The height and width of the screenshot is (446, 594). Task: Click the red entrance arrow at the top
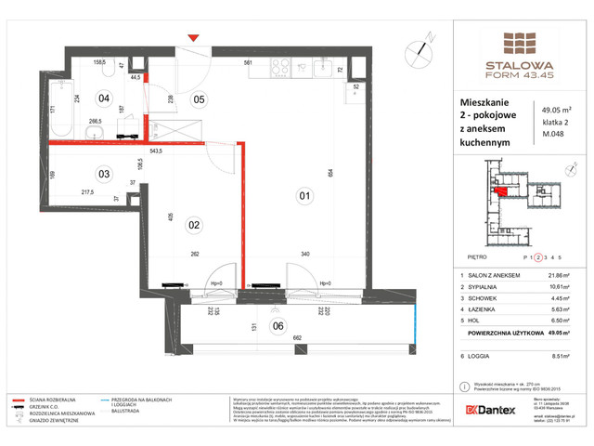(193, 37)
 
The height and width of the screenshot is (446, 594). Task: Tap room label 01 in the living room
(303, 195)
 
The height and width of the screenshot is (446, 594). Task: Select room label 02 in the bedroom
(195, 224)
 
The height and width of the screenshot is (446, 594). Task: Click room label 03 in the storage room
(105, 174)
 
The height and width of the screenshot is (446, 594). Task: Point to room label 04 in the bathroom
(105, 97)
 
